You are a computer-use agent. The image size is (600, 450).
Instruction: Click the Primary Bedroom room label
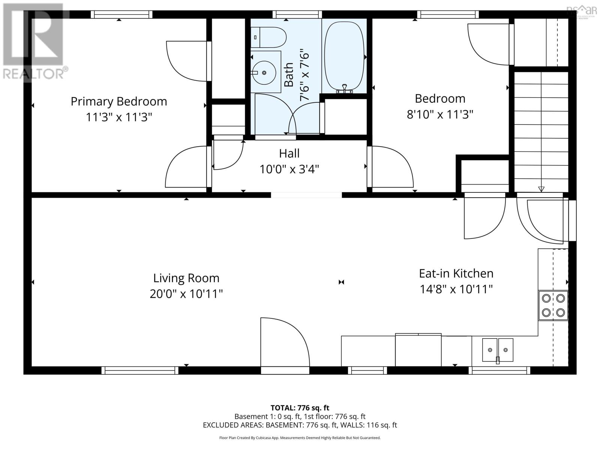pos(119,102)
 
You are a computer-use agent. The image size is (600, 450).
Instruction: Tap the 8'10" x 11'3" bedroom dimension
pos(440,114)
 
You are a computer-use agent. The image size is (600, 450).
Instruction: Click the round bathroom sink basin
pos(264,72)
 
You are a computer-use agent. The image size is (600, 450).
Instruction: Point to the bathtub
pos(344,56)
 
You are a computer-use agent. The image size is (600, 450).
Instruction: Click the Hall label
pos(289,153)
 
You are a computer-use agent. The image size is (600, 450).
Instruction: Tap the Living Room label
pos(186,278)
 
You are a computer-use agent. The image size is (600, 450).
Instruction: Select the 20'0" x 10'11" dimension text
pos(186,294)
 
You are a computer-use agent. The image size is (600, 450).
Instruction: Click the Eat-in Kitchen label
pos(456,273)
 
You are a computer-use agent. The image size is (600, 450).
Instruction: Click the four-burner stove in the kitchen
pos(553,305)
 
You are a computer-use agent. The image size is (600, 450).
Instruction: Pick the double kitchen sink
pos(498,349)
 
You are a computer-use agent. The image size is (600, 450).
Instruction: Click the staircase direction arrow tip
pos(541,190)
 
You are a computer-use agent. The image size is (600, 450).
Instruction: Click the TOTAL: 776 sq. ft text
pos(300,408)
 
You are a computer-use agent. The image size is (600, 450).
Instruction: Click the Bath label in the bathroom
pos(288,75)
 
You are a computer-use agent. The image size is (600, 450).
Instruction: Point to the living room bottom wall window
pos(140,370)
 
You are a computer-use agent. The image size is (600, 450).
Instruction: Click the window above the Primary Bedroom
pos(121,15)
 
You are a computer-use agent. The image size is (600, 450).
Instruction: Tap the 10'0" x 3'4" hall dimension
pos(289,169)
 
